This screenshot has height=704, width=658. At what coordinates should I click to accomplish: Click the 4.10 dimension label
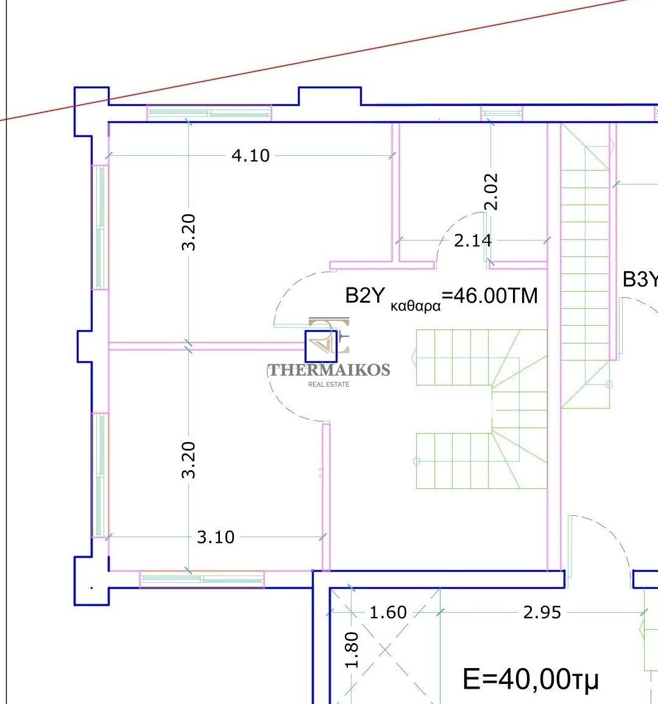coord(250,155)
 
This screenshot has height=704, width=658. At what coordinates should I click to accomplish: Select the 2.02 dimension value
coord(491,192)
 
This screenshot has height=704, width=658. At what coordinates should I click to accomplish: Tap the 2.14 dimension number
coord(473,241)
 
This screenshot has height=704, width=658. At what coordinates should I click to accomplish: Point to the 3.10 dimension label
coord(216,537)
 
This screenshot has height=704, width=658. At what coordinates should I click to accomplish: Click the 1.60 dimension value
coord(388,613)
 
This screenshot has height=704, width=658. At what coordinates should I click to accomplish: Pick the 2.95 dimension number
coord(542,613)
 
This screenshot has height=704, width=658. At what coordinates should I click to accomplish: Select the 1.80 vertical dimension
coord(352,650)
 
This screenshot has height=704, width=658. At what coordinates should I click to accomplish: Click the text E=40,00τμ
coord(531,679)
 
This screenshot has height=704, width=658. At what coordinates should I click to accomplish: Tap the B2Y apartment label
coord(365,295)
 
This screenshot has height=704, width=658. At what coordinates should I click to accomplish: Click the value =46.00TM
coord(490,296)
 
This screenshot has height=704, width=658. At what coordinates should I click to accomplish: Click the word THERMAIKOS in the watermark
coord(329,370)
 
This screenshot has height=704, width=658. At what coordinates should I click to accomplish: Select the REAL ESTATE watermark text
coord(329,384)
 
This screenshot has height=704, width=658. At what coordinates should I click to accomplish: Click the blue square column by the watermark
coord(320,346)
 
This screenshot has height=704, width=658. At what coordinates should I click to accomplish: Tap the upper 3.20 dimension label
coord(189,232)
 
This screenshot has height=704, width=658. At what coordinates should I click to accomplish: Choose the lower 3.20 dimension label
coord(189,460)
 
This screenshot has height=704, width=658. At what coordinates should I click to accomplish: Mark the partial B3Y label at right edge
coord(640,280)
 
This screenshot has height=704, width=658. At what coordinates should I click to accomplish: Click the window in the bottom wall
coord(202,579)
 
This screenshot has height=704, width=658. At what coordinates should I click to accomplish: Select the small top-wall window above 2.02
coord(501,113)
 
